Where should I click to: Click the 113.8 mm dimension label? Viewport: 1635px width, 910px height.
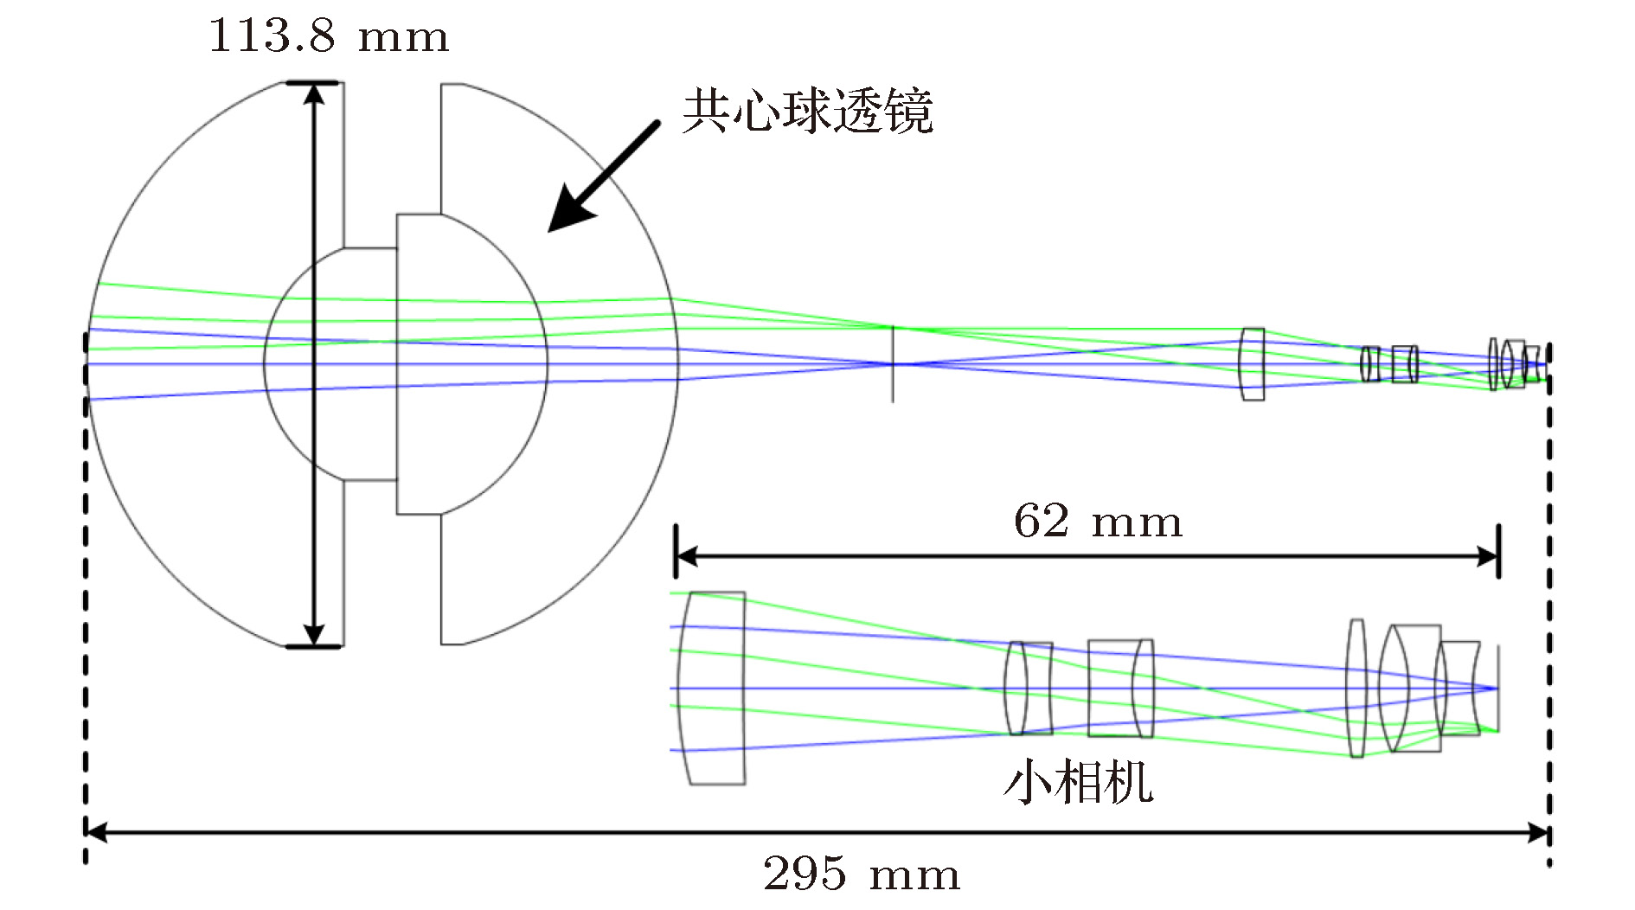pyautogui.click(x=329, y=36)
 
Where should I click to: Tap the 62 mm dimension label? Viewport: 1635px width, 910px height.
pyautogui.click(x=1097, y=522)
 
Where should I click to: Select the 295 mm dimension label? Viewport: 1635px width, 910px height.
pyautogui.click(x=862, y=874)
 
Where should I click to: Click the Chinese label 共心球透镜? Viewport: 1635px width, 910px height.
pyautogui.click(x=807, y=112)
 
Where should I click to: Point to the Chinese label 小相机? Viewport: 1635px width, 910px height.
pyautogui.click(x=1078, y=782)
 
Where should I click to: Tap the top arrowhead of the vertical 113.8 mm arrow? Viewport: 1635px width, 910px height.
pyautogui.click(x=314, y=93)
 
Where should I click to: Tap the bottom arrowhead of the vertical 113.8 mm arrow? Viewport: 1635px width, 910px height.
pyautogui.click(x=314, y=635)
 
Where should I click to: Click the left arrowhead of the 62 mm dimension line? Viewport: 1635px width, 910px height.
pyautogui.click(x=686, y=556)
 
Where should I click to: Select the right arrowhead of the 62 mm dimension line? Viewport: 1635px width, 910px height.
pyautogui.click(x=1489, y=556)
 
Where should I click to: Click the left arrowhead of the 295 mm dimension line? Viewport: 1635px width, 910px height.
pyautogui.click(x=95, y=833)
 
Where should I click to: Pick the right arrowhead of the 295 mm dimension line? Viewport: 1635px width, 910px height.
pyautogui.click(x=1539, y=833)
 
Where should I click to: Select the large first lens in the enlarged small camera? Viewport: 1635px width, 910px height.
pyautogui.click(x=712, y=689)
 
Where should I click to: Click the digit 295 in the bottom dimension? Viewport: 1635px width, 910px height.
pyautogui.click(x=805, y=874)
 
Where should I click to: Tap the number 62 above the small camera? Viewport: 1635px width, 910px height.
pyautogui.click(x=1041, y=522)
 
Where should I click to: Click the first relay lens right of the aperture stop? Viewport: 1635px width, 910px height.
pyautogui.click(x=1252, y=364)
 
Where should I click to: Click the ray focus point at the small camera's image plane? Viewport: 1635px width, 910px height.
pyautogui.click(x=1496, y=689)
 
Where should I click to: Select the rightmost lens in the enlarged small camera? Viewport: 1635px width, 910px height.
pyautogui.click(x=1459, y=689)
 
